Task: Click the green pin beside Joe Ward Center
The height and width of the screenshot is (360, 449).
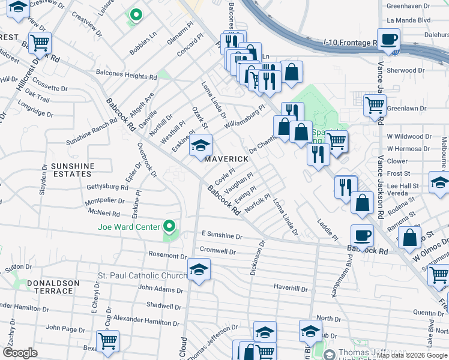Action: (170, 226)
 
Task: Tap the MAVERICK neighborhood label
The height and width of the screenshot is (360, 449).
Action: (226, 159)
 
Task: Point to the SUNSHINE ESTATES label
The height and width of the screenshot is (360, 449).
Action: (73, 170)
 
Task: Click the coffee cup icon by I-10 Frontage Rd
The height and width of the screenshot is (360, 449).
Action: (388, 40)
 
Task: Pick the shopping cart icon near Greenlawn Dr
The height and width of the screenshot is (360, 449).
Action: (375, 106)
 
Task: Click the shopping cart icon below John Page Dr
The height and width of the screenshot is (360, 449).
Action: (107, 341)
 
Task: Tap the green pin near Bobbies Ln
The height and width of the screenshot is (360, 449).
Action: (136, 15)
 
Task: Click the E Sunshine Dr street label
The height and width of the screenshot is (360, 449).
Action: (222, 236)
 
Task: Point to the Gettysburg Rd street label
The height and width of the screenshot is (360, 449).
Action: (107, 187)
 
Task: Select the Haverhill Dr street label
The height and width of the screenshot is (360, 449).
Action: (291, 289)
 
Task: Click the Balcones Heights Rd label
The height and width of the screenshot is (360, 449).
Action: (127, 76)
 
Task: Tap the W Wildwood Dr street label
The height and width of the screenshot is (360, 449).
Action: (408, 136)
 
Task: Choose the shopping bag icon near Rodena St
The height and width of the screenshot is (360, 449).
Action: (363, 204)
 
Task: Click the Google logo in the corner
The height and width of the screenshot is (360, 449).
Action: (20, 353)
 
